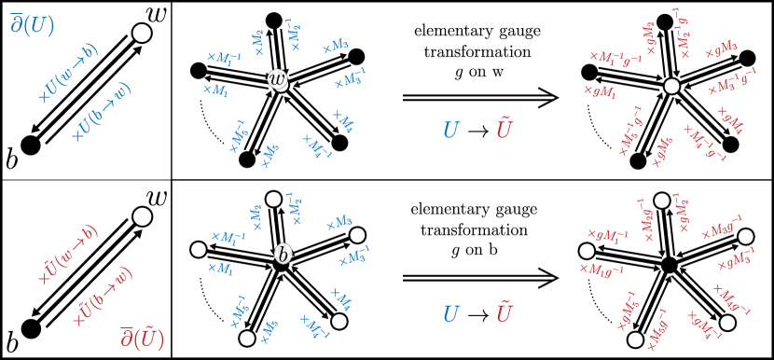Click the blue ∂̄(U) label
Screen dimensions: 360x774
(x=32, y=25)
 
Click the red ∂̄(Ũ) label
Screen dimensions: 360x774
(x=142, y=338)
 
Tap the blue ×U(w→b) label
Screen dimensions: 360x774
(x=67, y=73)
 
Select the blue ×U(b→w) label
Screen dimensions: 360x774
(x=102, y=112)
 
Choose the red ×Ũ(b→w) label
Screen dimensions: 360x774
(x=102, y=297)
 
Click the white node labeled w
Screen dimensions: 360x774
(x=278, y=80)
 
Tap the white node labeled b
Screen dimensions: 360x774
(x=283, y=254)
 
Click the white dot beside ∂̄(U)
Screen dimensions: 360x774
(x=142, y=34)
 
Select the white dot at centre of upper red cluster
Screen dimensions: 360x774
(x=671, y=86)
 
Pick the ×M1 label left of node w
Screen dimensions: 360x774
(x=215, y=90)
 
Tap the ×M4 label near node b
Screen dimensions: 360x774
(x=340, y=298)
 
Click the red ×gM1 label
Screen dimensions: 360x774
(x=601, y=91)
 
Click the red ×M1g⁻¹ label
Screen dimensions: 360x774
(x=601, y=270)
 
